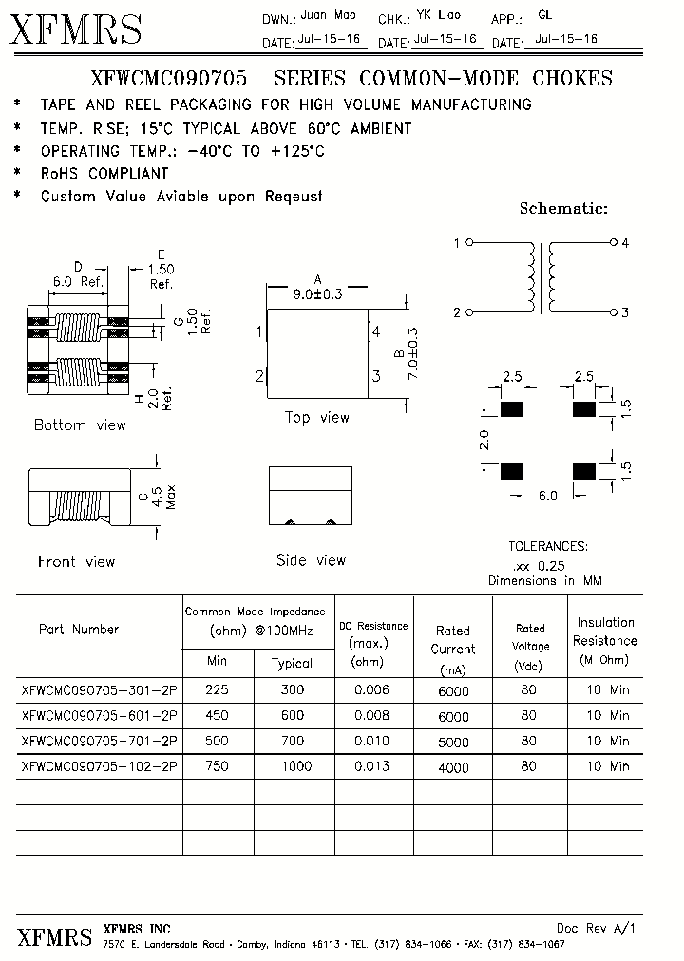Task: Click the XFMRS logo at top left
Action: [76, 29]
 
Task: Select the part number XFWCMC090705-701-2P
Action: [99, 741]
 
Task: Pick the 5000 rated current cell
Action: [453, 742]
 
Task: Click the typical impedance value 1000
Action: [293, 765]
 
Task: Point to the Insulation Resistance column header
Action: [605, 640]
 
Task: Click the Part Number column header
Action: [79, 629]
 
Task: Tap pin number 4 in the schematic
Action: [625, 243]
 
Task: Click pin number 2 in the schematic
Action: [457, 312]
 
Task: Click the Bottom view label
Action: [80, 424]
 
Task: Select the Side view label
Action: [311, 560]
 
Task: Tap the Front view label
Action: [76, 561]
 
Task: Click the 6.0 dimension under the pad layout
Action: [548, 496]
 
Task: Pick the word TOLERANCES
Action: [548, 546]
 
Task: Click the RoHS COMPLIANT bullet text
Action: [104, 174]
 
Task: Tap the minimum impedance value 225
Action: [218, 691]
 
